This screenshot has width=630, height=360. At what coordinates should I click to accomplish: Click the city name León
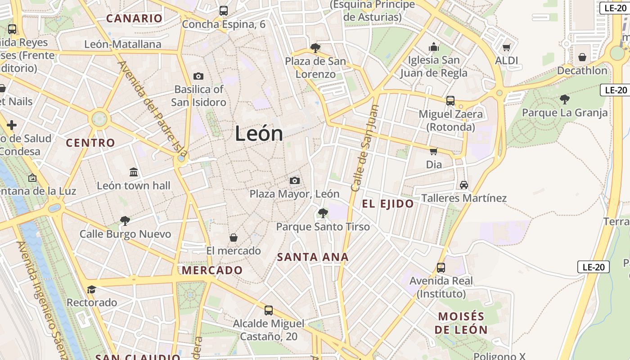tap(259, 134)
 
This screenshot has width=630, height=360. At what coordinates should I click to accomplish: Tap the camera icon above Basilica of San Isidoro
tap(198, 76)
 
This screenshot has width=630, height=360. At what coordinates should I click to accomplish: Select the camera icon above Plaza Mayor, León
tap(295, 180)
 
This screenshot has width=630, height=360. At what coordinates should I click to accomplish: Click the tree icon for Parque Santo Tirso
tap(323, 213)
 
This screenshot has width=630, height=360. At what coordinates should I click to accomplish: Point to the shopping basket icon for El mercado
tap(234, 237)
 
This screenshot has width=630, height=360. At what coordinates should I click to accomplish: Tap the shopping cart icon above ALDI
tap(506, 47)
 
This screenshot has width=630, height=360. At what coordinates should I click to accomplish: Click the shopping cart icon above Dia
tap(434, 151)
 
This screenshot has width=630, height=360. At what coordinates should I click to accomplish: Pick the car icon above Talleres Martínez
tap(464, 184)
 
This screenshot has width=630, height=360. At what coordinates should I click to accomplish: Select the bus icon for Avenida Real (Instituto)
tap(441, 268)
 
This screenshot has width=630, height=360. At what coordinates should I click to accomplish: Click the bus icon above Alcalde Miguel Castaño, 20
tap(269, 310)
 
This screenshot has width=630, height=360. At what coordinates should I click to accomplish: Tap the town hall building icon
tap(134, 172)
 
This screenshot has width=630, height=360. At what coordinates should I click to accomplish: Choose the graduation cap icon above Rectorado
tap(92, 289)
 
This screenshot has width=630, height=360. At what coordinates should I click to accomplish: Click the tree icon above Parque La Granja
tap(565, 99)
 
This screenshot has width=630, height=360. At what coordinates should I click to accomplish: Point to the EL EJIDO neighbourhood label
tap(388, 204)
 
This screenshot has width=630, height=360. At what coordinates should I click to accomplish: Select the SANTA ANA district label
tap(313, 257)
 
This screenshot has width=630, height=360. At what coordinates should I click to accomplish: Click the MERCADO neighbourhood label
tap(212, 270)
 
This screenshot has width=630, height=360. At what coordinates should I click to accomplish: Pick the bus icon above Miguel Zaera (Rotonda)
tap(450, 101)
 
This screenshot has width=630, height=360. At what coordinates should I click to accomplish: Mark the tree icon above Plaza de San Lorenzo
tap(315, 48)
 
